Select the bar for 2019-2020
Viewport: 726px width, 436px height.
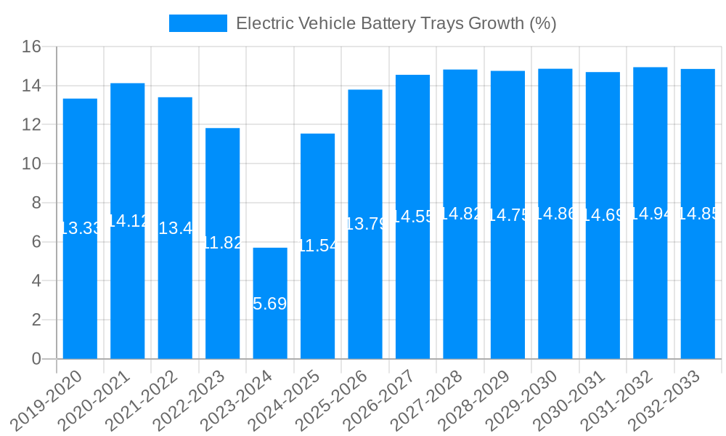(80, 291)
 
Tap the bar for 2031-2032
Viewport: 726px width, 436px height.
(650, 291)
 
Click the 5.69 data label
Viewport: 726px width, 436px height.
(270, 304)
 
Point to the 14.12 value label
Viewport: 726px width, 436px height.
(128, 221)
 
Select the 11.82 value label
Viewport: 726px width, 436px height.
(222, 243)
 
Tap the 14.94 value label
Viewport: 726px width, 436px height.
(650, 214)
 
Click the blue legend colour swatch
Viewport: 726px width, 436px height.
(197, 23)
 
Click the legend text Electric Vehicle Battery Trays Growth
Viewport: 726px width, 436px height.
(396, 23)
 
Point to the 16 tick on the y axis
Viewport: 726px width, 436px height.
(31, 47)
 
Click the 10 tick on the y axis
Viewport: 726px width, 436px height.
(31, 164)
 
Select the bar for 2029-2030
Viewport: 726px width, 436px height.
(555, 291)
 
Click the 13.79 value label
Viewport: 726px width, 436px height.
(365, 224)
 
